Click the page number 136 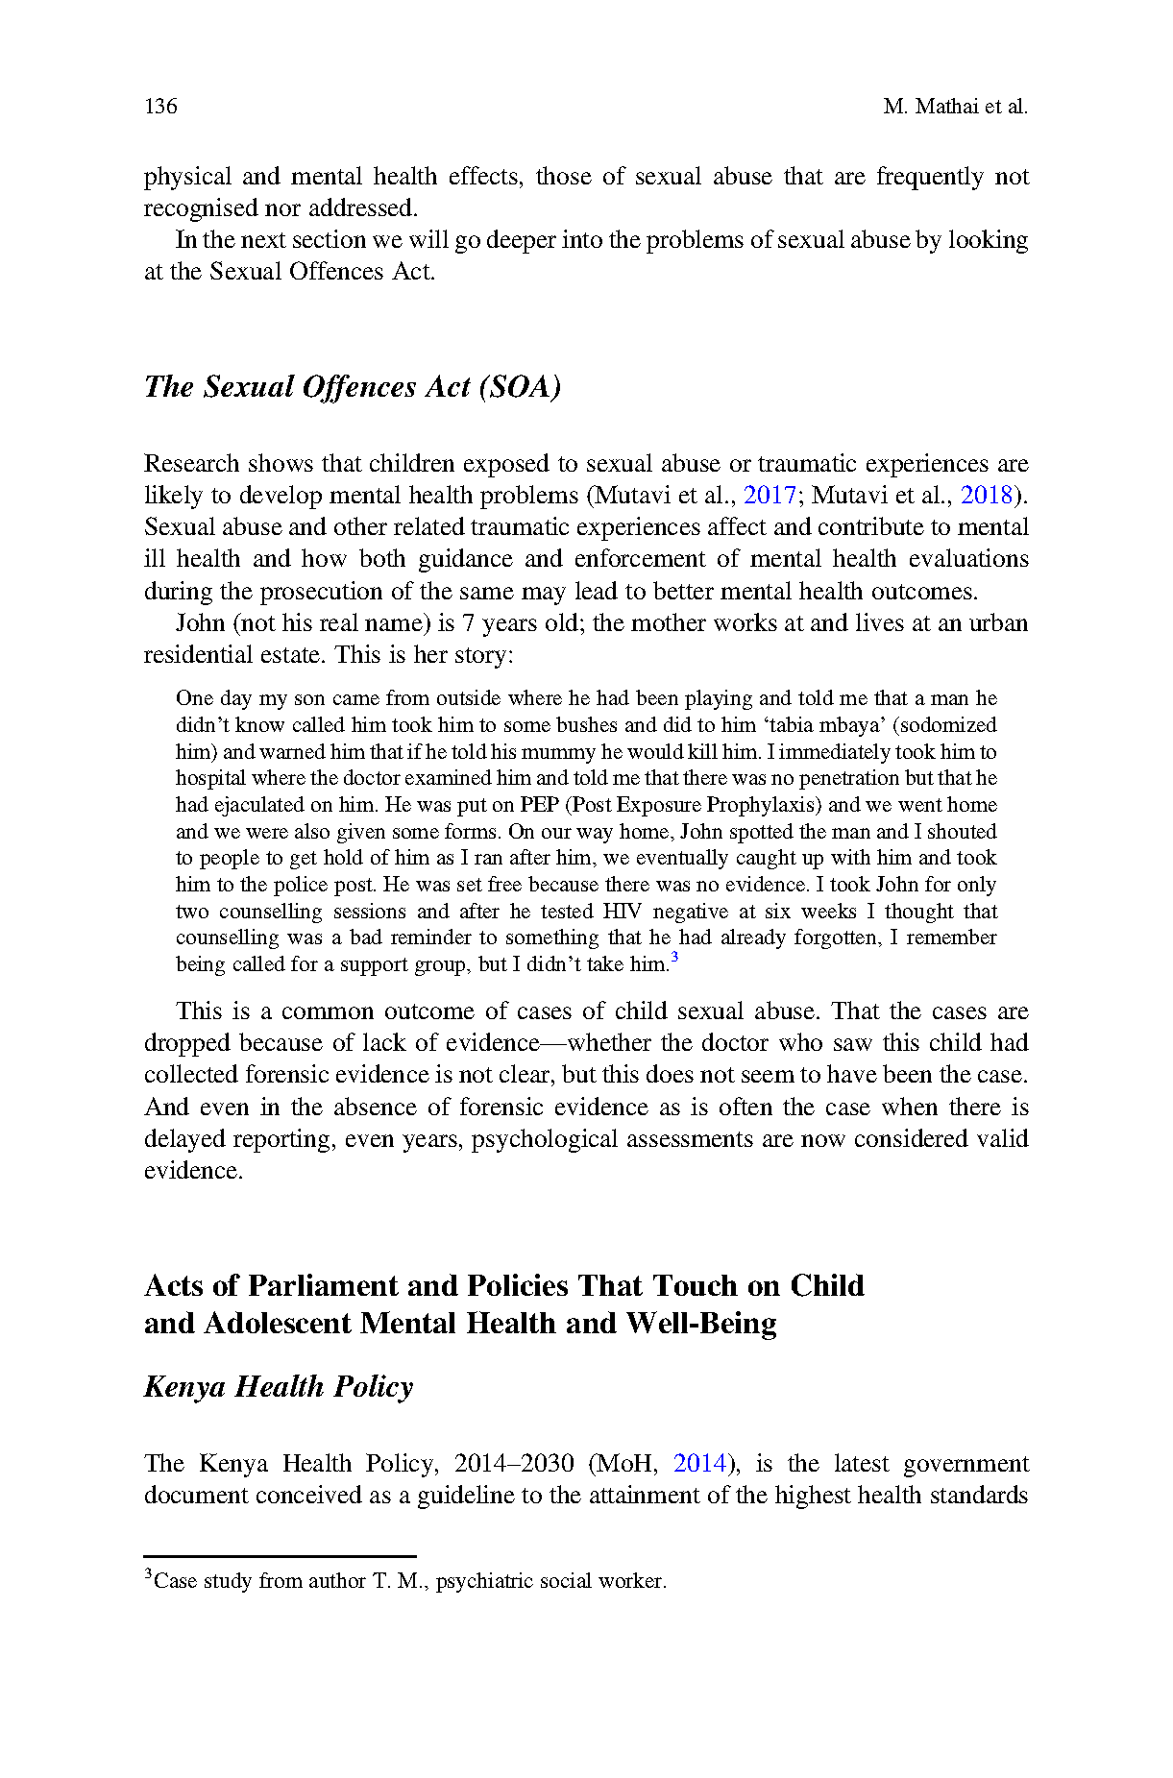(x=160, y=107)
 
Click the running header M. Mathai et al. (x=955, y=107)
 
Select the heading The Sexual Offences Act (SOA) (x=353, y=387)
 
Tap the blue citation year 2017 (x=770, y=496)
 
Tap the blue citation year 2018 (x=987, y=496)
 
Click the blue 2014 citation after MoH (x=699, y=1464)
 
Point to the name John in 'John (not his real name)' (x=200, y=623)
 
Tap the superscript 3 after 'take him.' (x=674, y=957)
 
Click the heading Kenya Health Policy (x=279, y=1387)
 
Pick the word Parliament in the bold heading (x=322, y=1286)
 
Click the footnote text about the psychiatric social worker (x=409, y=1581)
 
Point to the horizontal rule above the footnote (x=280, y=1556)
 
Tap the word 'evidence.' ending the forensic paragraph (x=193, y=1171)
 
